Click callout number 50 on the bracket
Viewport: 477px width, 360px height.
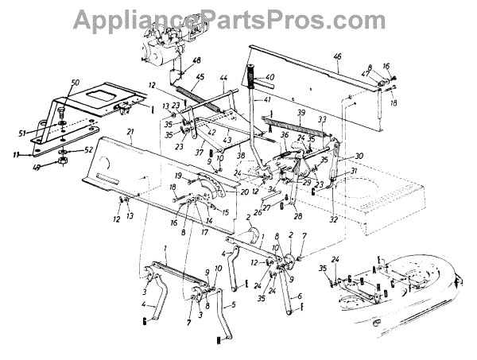[76, 83]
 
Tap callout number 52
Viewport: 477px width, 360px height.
[89, 149]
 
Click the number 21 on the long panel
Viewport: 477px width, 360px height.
[130, 132]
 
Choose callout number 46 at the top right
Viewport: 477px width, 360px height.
[337, 56]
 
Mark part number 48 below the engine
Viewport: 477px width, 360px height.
[197, 61]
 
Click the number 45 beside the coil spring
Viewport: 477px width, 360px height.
[200, 77]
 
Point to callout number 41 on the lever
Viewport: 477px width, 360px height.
[268, 100]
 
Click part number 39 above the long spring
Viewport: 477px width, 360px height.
[301, 114]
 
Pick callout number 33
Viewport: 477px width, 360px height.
[322, 121]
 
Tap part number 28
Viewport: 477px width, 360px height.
[297, 215]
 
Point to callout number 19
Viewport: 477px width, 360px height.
[180, 175]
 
